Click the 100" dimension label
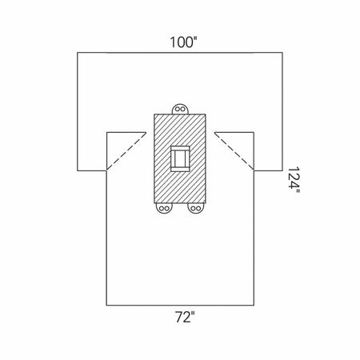[x=183, y=42]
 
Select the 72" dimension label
[x=185, y=317]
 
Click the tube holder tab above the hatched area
[x=180, y=109]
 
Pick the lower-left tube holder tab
[x=164, y=208]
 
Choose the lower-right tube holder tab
[x=196, y=208]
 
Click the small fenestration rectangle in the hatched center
[x=180, y=158]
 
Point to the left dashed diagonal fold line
[x=126, y=151]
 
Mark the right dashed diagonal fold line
[x=234, y=151]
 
